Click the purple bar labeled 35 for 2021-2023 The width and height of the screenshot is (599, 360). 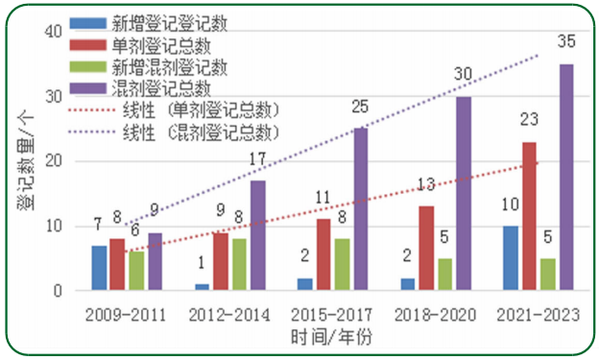(x=566, y=178)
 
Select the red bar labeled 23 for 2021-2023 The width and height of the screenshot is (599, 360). (x=528, y=216)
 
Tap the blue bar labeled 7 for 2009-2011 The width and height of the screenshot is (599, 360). (x=99, y=268)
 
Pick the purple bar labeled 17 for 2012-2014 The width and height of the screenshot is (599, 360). (x=258, y=235)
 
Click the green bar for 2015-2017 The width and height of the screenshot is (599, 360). (x=343, y=264)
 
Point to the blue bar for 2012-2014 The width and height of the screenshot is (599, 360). (x=202, y=287)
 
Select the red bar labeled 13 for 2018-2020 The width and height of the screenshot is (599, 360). (x=425, y=248)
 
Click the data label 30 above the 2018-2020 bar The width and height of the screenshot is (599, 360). (x=463, y=75)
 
